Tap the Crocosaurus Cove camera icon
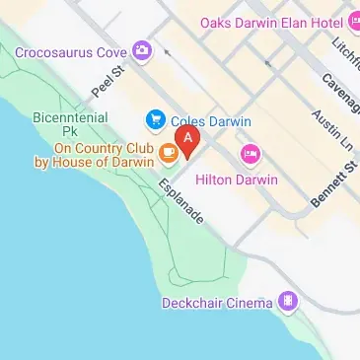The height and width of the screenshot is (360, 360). [x=144, y=49]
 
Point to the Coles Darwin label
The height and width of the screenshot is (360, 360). [x=211, y=121]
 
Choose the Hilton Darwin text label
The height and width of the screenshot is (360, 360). [x=237, y=180]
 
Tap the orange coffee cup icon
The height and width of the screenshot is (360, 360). [x=169, y=152]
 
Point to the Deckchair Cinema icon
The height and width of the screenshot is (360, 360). [x=287, y=302]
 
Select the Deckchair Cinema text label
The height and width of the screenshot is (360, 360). [x=217, y=303]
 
